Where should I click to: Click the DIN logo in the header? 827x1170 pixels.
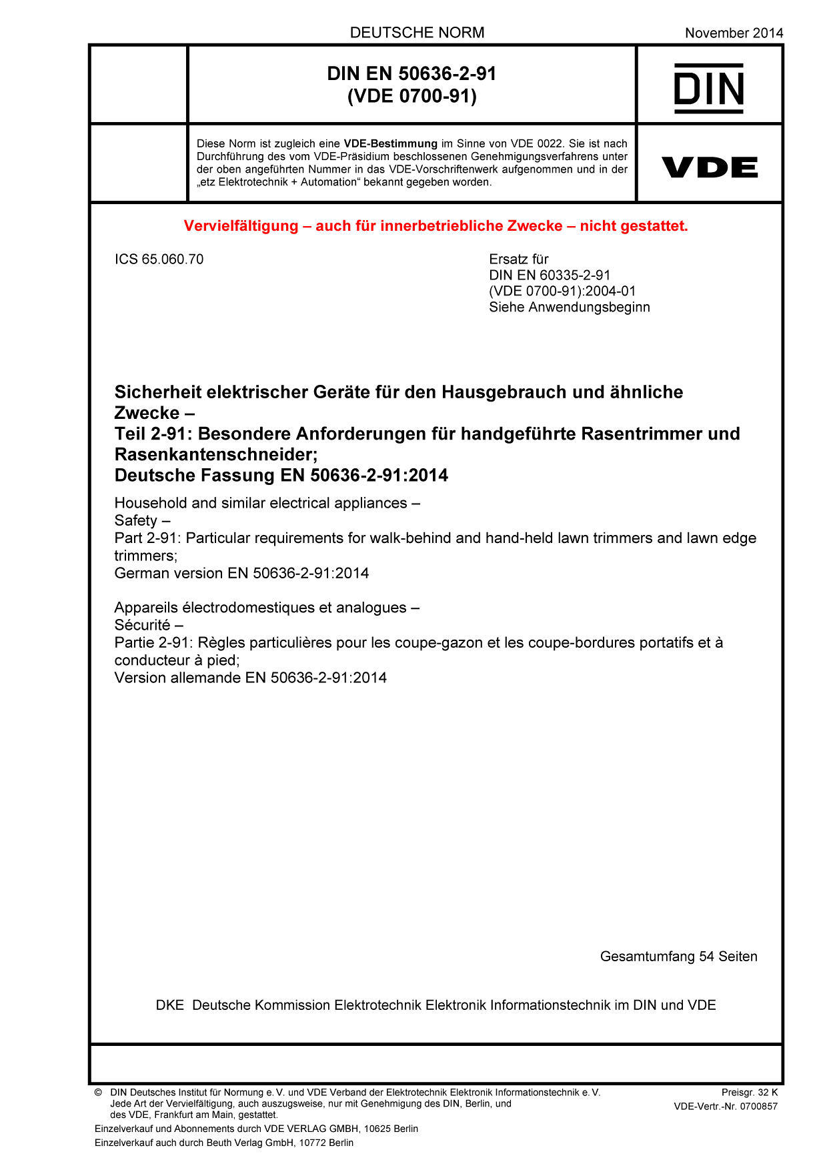click(x=708, y=88)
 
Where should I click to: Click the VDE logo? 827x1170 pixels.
click(x=709, y=167)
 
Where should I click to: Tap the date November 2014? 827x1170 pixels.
click(x=734, y=33)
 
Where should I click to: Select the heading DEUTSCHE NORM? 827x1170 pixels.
click(x=417, y=33)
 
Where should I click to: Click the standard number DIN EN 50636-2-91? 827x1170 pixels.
click(x=411, y=73)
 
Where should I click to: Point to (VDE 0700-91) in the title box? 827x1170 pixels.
click(x=411, y=97)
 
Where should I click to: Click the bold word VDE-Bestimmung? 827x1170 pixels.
click(x=390, y=143)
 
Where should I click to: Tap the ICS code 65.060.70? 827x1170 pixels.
click(x=172, y=259)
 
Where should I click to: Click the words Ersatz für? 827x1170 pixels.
click(x=518, y=259)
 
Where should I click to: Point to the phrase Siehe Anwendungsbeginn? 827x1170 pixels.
click(x=569, y=308)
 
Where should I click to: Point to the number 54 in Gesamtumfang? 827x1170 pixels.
click(x=706, y=957)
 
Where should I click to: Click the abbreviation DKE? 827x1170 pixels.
click(x=169, y=1005)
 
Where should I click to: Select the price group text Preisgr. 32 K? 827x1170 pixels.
click(x=749, y=1093)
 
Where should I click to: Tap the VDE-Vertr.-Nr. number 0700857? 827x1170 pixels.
click(x=758, y=1107)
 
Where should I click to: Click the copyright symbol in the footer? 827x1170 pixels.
click(x=98, y=1093)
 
